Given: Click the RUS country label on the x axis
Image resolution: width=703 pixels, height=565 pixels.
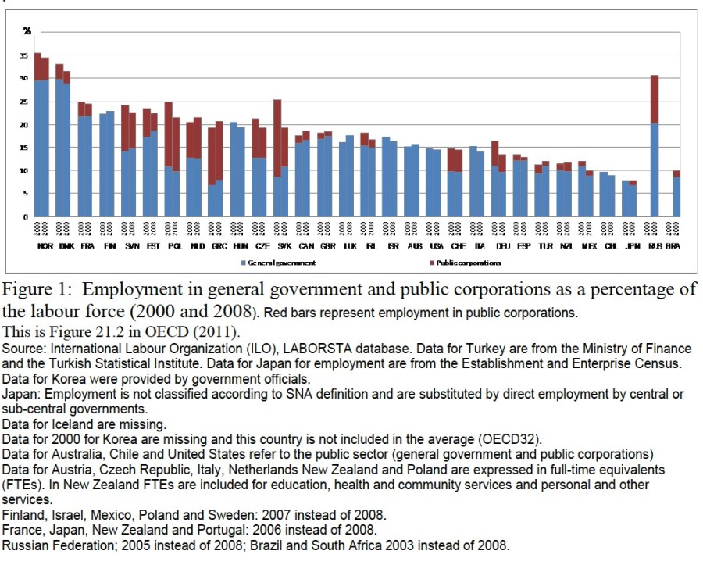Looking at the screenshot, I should coord(655,245).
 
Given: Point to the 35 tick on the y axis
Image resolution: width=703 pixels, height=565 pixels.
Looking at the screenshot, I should coord(26,55).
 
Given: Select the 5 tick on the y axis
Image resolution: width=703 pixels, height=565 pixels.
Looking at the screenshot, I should coord(27,193).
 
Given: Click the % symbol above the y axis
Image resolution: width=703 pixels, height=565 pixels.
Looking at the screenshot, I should coord(27,30).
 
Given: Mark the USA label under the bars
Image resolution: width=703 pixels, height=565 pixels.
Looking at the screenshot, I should coord(436,245).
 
